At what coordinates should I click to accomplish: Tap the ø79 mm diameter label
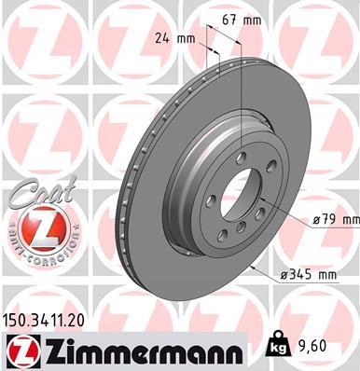[334, 218]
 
